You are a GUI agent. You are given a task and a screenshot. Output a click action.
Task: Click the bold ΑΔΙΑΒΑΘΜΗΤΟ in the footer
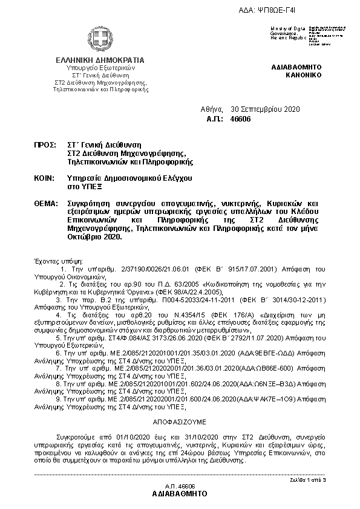click(x=180, y=493)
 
